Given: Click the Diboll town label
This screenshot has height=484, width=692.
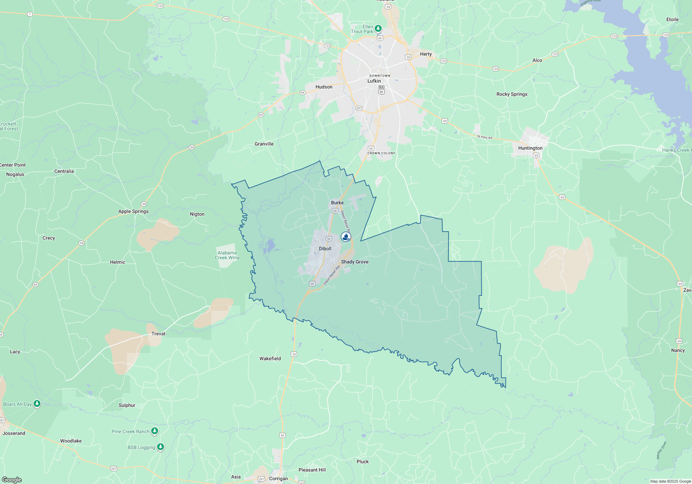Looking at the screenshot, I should tap(325, 249).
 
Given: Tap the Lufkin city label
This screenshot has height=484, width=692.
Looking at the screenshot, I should tap(374, 81).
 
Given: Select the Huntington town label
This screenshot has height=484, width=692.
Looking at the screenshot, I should tap(530, 148).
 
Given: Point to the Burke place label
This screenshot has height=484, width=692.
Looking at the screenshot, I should tap(337, 203).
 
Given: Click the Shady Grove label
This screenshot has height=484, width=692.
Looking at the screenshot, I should tap(355, 262).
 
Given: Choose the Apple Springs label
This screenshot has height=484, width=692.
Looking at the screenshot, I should tap(133, 211).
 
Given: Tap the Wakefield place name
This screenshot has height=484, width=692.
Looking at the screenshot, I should tap(270, 359).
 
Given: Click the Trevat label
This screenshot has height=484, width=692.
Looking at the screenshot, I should tap(158, 334).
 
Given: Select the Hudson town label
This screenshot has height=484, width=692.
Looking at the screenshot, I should tap(324, 87).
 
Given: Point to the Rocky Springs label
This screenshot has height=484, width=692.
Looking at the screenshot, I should tap(512, 94).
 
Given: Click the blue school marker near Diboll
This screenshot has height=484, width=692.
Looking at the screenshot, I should tap(346, 237).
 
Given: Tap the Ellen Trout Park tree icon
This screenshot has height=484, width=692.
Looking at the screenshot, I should tap(378, 28).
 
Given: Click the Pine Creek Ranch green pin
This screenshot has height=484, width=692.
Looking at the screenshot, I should tap(155, 431).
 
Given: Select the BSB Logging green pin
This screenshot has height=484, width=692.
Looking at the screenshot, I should tap(160, 447).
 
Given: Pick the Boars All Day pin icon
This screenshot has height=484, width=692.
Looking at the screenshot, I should tap(37, 403).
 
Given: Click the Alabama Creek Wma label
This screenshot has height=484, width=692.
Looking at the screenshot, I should tap(227, 255).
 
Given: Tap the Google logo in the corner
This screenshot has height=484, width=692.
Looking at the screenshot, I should tap(12, 480).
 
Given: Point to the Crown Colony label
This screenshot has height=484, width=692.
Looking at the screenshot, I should tap(381, 153).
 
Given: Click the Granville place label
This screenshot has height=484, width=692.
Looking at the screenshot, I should tap(264, 144).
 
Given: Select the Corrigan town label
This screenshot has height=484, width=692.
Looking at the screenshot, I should tap(278, 478).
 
